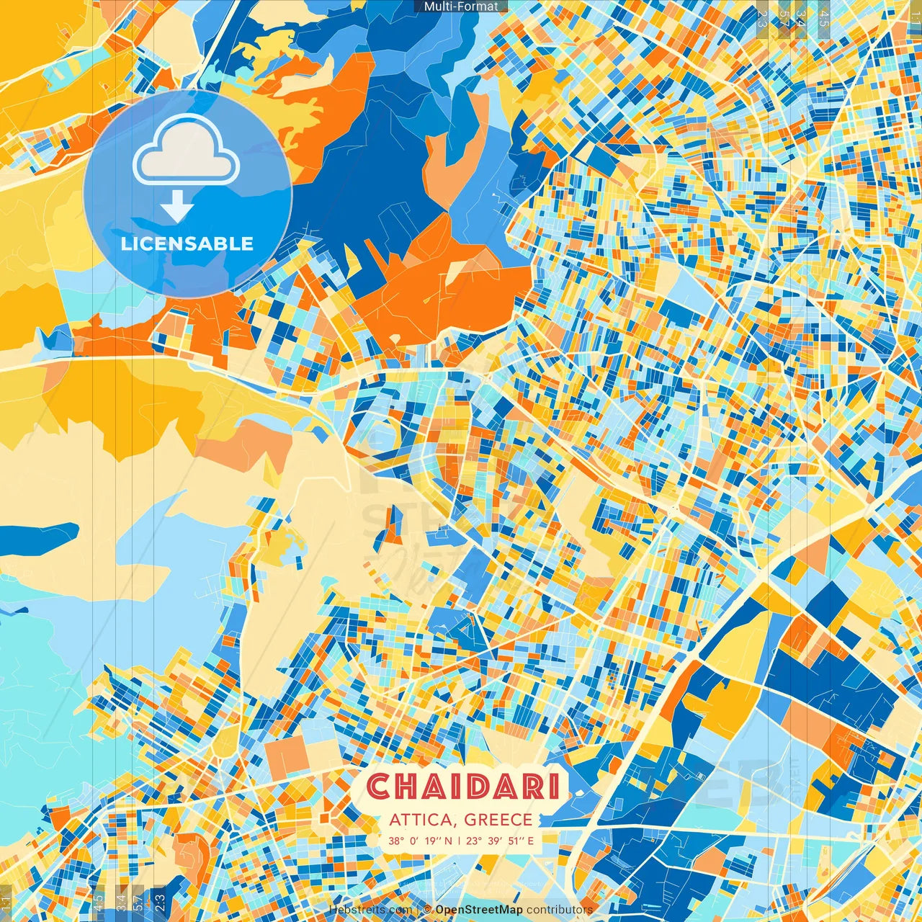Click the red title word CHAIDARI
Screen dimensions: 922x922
(462, 787)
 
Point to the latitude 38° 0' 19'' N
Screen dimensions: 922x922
(421, 841)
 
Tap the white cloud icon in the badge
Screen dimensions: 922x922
(187, 150)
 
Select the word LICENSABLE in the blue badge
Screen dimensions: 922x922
(187, 243)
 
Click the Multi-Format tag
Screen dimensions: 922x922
(461, 6)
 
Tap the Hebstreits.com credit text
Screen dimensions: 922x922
(371, 910)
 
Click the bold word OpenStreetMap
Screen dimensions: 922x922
(479, 910)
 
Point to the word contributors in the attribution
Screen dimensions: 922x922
(560, 910)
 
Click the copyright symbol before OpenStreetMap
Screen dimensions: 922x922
(427, 910)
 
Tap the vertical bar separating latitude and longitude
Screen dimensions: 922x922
(459, 841)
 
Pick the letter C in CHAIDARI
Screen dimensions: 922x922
(379, 787)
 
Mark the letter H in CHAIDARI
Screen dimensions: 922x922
(408, 787)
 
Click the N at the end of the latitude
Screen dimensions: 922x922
(449, 841)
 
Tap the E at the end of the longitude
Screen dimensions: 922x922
(530, 841)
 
